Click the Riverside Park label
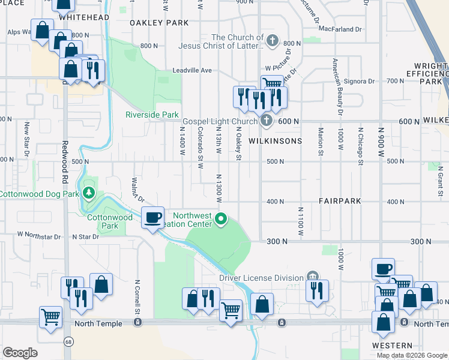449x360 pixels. tap(152, 115)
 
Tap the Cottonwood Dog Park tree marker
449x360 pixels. tap(89, 193)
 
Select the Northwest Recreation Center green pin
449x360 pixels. tap(221, 219)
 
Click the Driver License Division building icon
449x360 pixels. tap(312, 276)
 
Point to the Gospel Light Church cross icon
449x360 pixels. tap(267, 121)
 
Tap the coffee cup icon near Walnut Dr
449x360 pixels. tap(153, 217)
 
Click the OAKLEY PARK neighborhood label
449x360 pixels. tap(158, 23)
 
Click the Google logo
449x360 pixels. tap(20, 353)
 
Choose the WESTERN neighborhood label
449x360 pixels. tap(391, 346)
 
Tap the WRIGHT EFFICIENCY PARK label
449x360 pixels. tap(431, 73)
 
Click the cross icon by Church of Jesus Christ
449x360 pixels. tap(273, 41)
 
